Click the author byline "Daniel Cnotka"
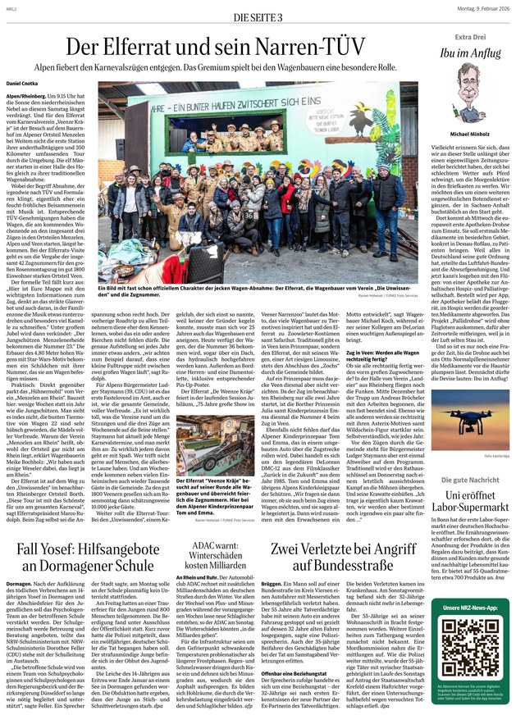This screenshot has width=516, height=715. (x=23, y=84)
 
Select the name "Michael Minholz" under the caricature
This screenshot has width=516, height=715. (x=470, y=132)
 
